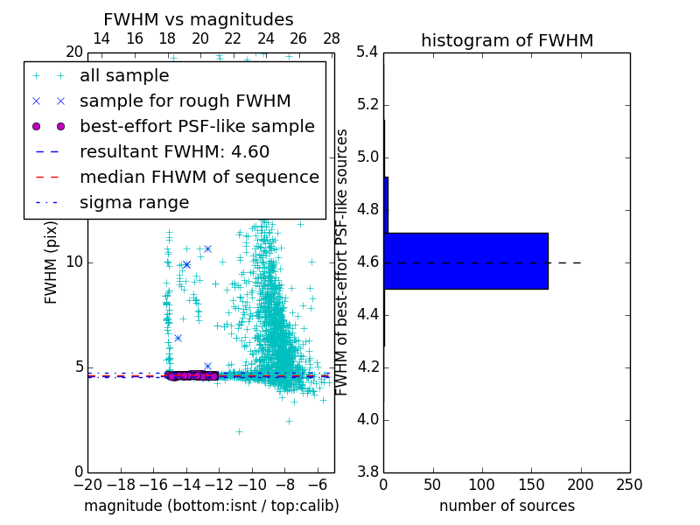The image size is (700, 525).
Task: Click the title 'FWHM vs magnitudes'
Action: tap(199, 19)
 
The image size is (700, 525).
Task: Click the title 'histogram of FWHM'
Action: tap(507, 40)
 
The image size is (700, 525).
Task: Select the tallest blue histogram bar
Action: tap(465, 261)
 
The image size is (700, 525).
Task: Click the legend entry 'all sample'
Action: tap(124, 76)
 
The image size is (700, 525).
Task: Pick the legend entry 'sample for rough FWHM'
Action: tap(185, 101)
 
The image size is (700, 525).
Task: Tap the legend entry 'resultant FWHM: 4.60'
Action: tap(174, 151)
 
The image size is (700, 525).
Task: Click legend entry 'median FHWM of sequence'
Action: tap(199, 177)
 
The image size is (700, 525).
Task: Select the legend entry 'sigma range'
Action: tap(134, 202)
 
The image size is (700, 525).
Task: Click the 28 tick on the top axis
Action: tap(332, 38)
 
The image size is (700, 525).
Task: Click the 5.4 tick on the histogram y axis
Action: tap(367, 52)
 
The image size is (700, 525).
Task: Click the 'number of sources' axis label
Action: tap(507, 506)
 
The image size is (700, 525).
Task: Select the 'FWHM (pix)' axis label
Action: tap(52, 262)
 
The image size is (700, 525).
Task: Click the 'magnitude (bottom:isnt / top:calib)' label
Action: tap(211, 506)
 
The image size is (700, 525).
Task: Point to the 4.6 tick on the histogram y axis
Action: tap(367, 262)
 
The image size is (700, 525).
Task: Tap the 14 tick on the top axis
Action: tap(101, 38)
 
